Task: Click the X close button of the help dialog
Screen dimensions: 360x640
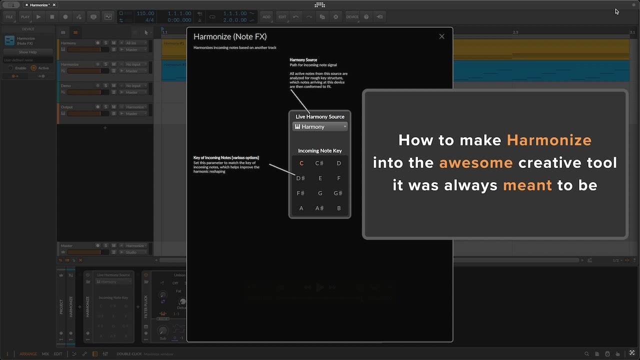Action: pyautogui.click(x=441, y=36)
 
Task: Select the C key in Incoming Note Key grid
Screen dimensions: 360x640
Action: pyautogui.click(x=301, y=163)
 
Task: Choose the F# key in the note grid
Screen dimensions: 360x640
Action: pyautogui.click(x=300, y=193)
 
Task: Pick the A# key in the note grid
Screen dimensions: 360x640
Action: pyautogui.click(x=319, y=208)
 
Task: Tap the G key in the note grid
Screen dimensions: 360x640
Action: pyautogui.click(x=320, y=193)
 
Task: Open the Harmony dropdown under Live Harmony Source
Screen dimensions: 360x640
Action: pyautogui.click(x=320, y=127)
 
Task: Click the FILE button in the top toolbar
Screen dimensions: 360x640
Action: pyautogui.click(x=9, y=17)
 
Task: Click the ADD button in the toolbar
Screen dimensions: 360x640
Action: pyautogui.click(x=266, y=17)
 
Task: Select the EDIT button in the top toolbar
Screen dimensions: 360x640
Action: pyautogui.click(x=282, y=17)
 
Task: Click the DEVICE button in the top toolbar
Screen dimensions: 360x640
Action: pyautogui.click(x=352, y=17)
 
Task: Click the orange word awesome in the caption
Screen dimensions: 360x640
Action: pyautogui.click(x=476, y=163)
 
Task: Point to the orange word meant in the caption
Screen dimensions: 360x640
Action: pyautogui.click(x=527, y=185)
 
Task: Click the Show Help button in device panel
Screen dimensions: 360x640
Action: pyautogui.click(x=28, y=52)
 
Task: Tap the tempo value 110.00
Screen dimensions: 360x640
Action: pyautogui.click(x=145, y=13)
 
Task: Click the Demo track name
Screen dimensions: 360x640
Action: pyautogui.click(x=66, y=85)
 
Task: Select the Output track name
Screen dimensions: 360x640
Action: pyautogui.click(x=67, y=107)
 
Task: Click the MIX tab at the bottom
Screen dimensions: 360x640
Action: pyautogui.click(x=45, y=354)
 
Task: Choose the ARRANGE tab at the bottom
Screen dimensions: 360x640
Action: pyautogui.click(x=28, y=354)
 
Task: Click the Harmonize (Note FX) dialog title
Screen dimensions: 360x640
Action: pyautogui.click(x=230, y=36)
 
